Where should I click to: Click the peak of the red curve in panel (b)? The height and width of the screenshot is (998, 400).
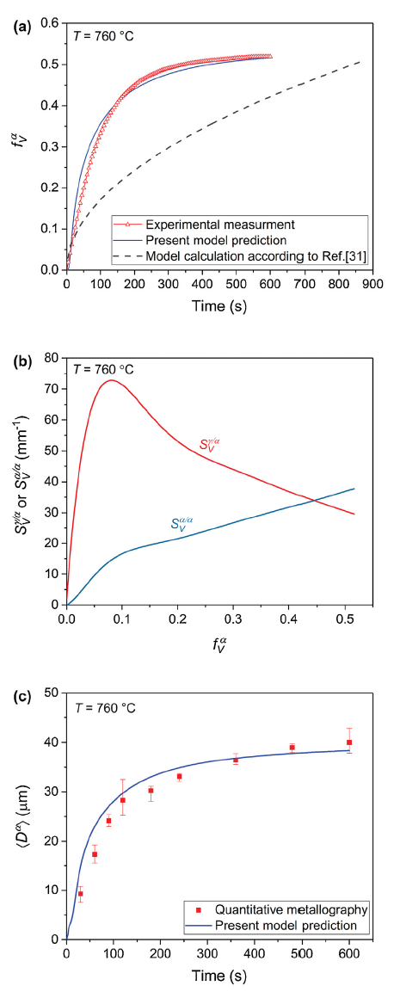(x=110, y=379)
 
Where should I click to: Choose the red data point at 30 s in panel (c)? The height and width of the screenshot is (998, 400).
(x=81, y=893)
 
